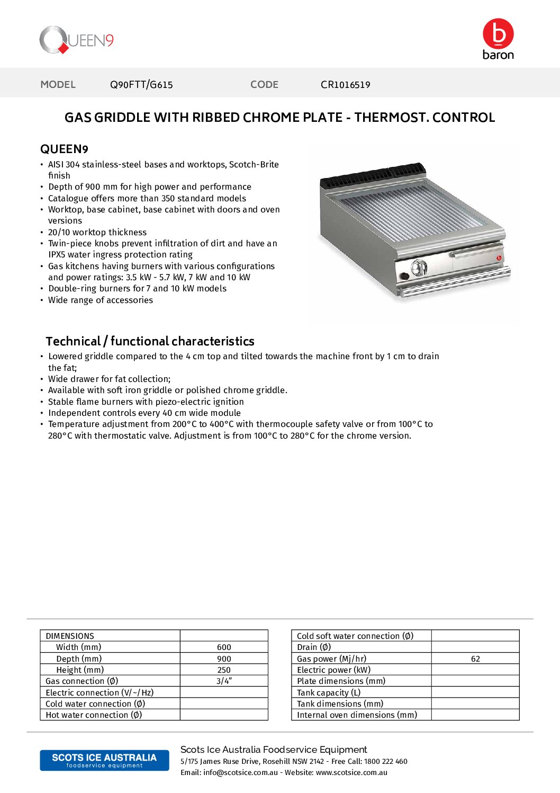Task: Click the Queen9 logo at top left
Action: pos(76,40)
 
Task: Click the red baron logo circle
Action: pos(498,34)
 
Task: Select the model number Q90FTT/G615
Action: pos(141,85)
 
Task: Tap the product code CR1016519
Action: pos(345,85)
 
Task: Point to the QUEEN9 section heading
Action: pos(64,149)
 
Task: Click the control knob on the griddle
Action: pos(419,268)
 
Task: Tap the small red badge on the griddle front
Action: pos(499,258)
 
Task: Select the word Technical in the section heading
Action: pos(73,341)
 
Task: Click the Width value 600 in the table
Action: pos(224,647)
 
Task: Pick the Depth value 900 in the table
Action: pos(224,659)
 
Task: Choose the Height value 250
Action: pos(224,670)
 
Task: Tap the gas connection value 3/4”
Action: pos(224,681)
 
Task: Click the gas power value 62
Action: pos(475,659)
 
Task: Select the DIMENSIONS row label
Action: pos(70,636)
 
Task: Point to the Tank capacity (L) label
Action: pos(328,693)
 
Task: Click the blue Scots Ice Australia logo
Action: pos(104,760)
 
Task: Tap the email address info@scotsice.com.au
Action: pos(240,773)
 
